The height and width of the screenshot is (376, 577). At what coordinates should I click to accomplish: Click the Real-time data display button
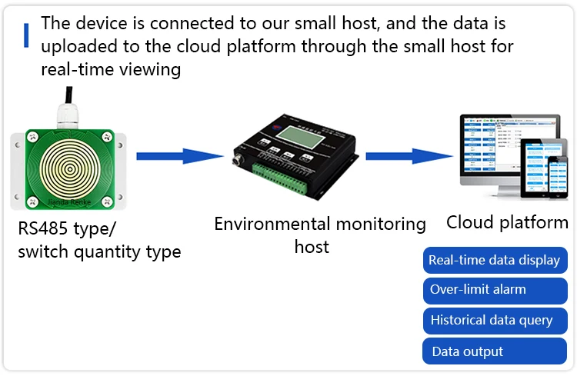tap(495, 260)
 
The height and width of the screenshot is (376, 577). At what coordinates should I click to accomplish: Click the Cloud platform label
tap(507, 223)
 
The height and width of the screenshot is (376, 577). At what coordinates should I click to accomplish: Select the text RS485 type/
tap(68, 228)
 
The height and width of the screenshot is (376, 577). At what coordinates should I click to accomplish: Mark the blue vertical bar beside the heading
tap(26, 35)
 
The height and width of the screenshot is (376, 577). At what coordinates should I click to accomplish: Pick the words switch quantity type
tap(99, 251)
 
